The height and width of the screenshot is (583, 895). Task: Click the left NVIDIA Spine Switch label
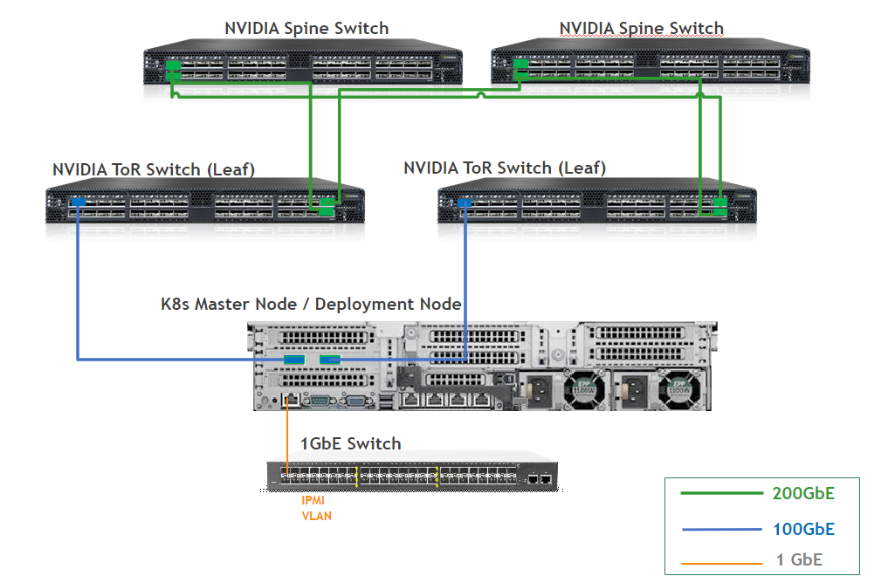coord(306,28)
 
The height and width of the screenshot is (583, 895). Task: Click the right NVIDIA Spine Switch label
coord(641,28)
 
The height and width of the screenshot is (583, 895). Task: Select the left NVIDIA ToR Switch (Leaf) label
coord(154,169)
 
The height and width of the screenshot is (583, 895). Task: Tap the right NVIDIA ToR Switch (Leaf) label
coord(505,167)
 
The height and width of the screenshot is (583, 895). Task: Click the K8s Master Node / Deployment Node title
coord(311,304)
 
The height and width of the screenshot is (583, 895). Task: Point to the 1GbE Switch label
coord(350,443)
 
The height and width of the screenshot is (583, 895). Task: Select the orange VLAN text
coord(316,516)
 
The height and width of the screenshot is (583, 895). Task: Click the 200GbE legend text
coord(803,493)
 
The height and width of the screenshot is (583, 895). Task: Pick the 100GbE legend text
coord(803,529)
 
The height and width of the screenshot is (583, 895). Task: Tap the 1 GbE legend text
coord(799,559)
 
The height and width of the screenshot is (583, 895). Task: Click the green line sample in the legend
coord(721,494)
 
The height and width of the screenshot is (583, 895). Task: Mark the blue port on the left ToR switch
coord(77,202)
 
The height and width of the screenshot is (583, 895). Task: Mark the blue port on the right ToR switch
coord(464,202)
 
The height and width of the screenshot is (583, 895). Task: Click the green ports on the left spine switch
coord(172,70)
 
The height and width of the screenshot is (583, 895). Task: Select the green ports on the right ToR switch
coord(720,207)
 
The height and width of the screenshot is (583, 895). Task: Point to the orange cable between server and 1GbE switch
coord(288,436)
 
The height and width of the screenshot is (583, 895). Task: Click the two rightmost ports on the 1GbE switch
coord(539,479)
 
